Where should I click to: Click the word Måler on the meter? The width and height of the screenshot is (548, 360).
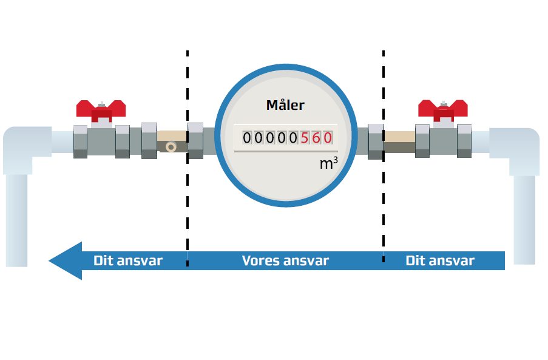285,105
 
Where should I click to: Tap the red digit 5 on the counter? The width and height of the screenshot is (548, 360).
305,138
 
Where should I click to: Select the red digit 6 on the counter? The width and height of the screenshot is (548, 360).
316,138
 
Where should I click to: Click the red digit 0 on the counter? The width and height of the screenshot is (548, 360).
328,138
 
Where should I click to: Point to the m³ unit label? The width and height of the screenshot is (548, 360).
328,163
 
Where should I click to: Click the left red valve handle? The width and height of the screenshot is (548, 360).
101,110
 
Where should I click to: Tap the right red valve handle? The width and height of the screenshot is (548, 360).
443,109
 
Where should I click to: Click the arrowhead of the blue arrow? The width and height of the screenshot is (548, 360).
66,260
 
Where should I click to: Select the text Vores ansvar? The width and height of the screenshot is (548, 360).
285,260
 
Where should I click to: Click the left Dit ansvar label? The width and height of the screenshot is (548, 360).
128,260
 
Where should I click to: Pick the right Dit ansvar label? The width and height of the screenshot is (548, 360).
440,260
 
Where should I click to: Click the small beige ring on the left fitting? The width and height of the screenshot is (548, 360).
171,147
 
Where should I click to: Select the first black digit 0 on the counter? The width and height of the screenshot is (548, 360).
247,138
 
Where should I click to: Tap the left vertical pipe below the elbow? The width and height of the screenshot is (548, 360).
17,220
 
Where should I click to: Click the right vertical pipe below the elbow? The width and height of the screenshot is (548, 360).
524,220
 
